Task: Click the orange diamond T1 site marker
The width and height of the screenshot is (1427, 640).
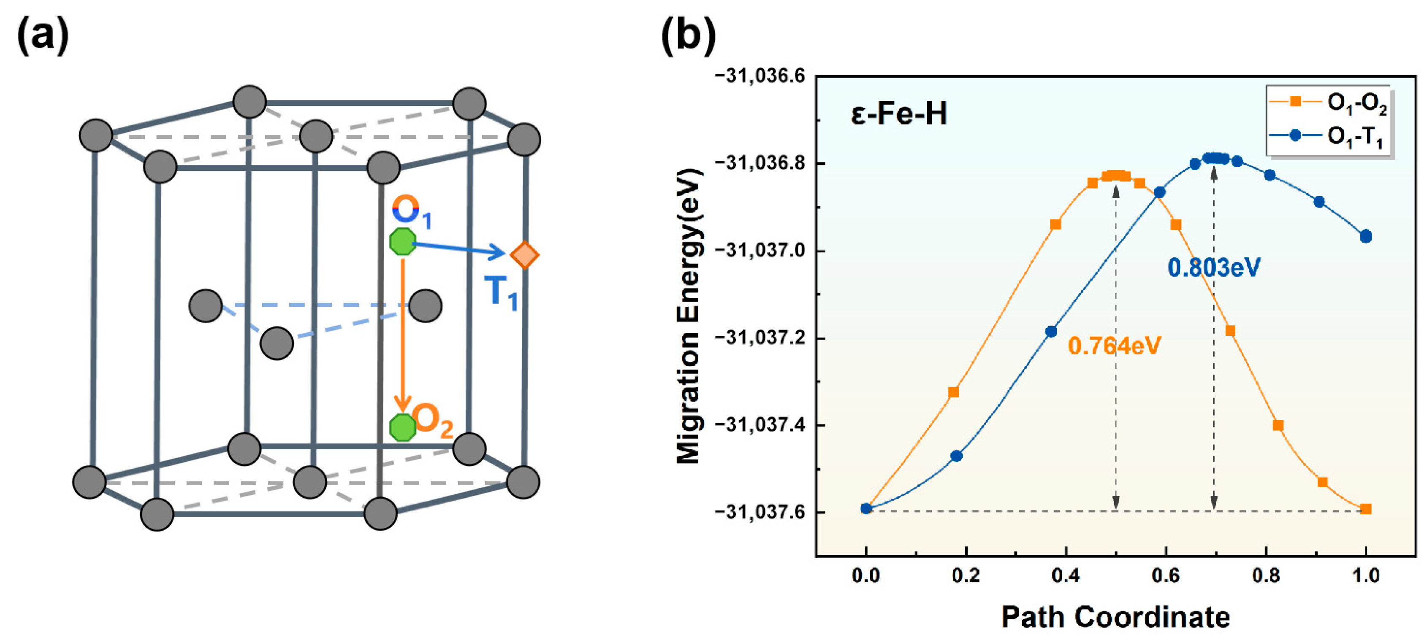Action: click(524, 255)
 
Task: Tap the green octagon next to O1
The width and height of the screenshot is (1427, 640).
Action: click(403, 241)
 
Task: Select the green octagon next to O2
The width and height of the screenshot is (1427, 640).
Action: click(403, 427)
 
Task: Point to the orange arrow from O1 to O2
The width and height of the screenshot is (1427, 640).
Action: click(403, 332)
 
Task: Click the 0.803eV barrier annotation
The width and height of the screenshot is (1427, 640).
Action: click(1214, 268)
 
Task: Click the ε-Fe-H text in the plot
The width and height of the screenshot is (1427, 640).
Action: click(898, 114)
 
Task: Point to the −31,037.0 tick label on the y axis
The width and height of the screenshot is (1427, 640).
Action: click(760, 251)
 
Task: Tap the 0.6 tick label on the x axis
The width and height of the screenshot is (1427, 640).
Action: click(1166, 576)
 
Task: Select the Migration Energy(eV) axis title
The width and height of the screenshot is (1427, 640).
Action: click(689, 316)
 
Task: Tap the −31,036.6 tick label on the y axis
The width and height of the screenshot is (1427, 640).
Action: click(760, 76)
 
